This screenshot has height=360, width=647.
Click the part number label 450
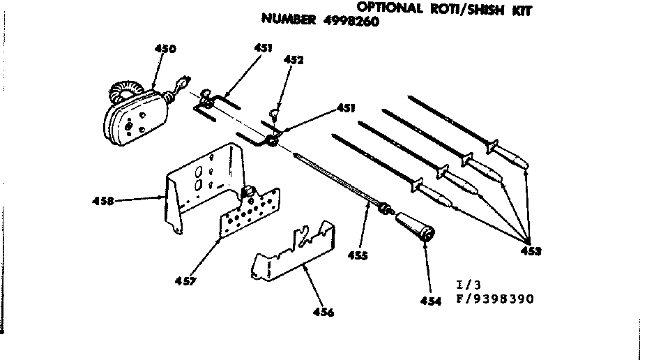pos(165,49)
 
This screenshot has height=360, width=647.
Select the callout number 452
pos(294,61)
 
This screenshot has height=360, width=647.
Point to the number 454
pos(431,301)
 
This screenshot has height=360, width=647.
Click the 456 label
pos(323,312)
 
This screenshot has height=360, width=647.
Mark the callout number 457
pos(186,282)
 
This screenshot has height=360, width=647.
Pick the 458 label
pos(103,202)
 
